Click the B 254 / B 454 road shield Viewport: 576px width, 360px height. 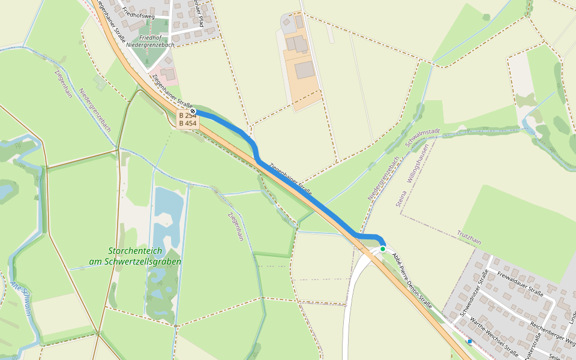[x=188, y=119]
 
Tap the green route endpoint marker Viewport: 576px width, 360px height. [x=383, y=248]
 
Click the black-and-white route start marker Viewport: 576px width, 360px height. [x=192, y=112]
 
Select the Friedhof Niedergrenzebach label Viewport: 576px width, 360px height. [x=148, y=41]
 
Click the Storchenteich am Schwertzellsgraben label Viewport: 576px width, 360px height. [x=135, y=256]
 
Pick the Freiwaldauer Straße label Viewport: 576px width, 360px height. [x=520, y=284]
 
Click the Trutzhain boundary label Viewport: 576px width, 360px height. [x=469, y=237]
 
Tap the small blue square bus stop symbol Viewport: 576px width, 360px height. [x=470, y=341]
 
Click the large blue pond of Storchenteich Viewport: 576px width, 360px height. [x=168, y=216]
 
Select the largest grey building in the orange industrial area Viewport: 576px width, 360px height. [x=305, y=70]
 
